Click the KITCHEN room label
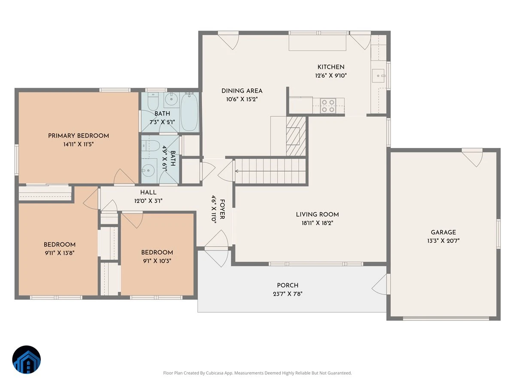point(331,67)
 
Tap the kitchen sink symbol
point(378,76)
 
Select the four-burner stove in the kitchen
point(328,106)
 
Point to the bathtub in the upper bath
point(189,112)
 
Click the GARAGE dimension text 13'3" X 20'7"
point(443,241)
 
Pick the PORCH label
point(288,285)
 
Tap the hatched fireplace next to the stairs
point(296,136)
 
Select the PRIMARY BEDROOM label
point(79,136)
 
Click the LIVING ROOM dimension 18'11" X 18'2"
point(317,223)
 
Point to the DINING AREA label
point(242,90)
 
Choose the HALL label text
point(148,193)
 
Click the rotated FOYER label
point(222,209)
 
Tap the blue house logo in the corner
point(27,360)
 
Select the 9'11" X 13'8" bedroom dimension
point(60,253)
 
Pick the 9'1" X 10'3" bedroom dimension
point(157,261)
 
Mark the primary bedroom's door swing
point(124,177)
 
